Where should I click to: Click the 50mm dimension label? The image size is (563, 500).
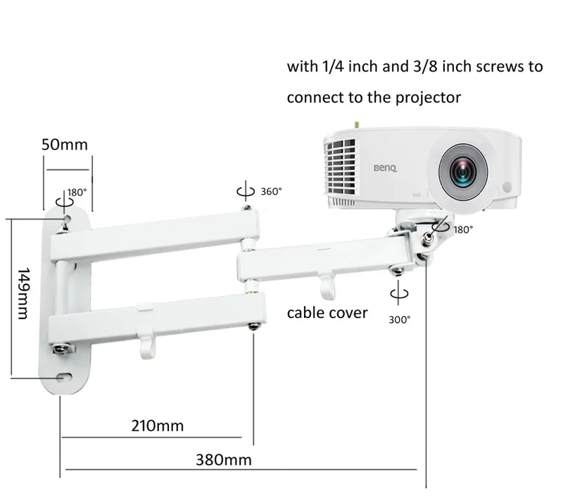65,146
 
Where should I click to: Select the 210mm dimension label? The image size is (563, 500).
158,425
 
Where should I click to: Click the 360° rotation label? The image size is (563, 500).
271,191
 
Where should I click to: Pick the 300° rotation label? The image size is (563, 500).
400,319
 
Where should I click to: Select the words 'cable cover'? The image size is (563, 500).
327,312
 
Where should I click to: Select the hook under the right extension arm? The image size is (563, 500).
324,284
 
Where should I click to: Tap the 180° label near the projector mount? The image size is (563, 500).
463,229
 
